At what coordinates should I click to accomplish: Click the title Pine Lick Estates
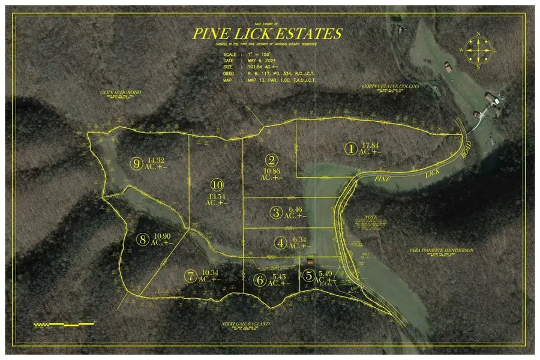click(268, 34)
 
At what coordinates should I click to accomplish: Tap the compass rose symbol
click(478, 50)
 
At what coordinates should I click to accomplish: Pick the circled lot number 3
click(277, 212)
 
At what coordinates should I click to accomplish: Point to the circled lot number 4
click(281, 244)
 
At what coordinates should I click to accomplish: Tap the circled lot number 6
click(259, 280)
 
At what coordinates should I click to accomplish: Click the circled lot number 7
click(191, 276)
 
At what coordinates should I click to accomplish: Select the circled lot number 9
click(137, 162)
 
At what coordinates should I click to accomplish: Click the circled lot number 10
click(217, 184)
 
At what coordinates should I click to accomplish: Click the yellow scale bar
click(63, 324)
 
